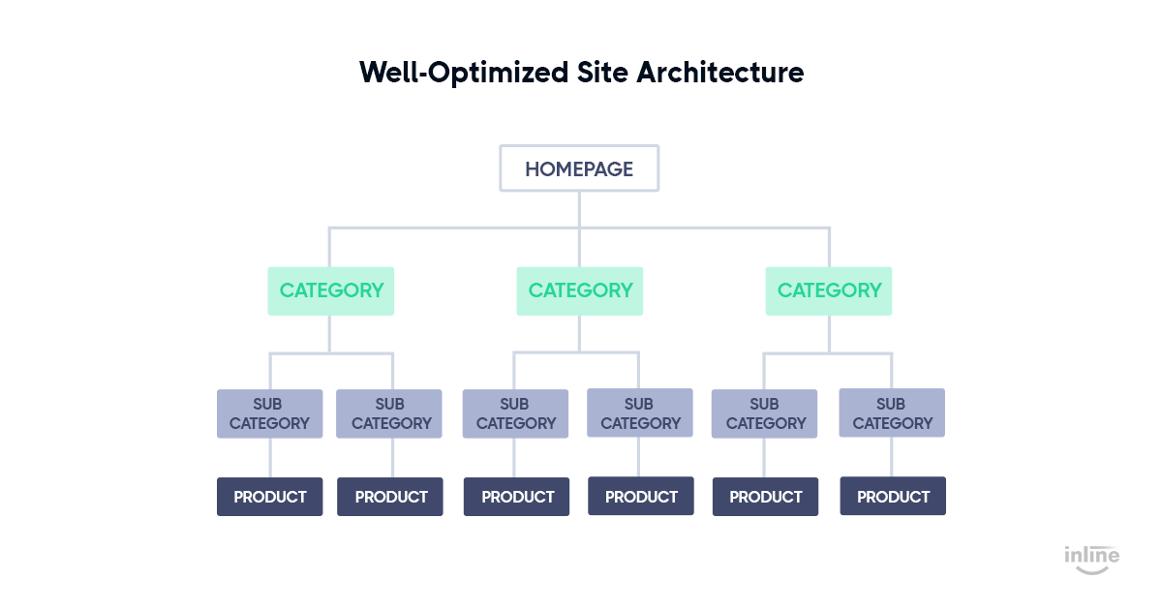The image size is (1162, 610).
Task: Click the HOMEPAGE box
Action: click(x=579, y=168)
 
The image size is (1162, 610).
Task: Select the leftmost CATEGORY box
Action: click(x=330, y=291)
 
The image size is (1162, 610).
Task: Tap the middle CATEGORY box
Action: click(x=579, y=291)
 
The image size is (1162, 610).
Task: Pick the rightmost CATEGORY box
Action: click(x=829, y=291)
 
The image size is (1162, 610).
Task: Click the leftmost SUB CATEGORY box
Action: click(x=270, y=413)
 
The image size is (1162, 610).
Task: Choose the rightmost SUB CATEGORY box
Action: click(x=892, y=412)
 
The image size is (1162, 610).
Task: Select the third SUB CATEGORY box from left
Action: click(x=515, y=413)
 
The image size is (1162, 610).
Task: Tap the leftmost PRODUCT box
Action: click(x=270, y=497)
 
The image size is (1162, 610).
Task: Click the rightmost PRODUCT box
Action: click(x=893, y=496)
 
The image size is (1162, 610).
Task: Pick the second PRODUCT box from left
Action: click(x=390, y=497)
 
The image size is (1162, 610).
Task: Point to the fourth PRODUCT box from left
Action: click(x=641, y=496)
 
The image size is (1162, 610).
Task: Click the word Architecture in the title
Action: click(x=720, y=72)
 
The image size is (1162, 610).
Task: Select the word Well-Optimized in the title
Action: click(x=464, y=74)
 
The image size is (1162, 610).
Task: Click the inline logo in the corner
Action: click(x=1092, y=560)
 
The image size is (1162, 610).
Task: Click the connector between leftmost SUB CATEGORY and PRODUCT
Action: click(x=270, y=458)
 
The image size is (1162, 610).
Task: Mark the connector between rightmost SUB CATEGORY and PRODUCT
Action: click(x=891, y=457)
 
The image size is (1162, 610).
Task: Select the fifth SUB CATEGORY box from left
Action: click(x=764, y=413)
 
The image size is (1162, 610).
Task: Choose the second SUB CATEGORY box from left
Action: click(x=389, y=413)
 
